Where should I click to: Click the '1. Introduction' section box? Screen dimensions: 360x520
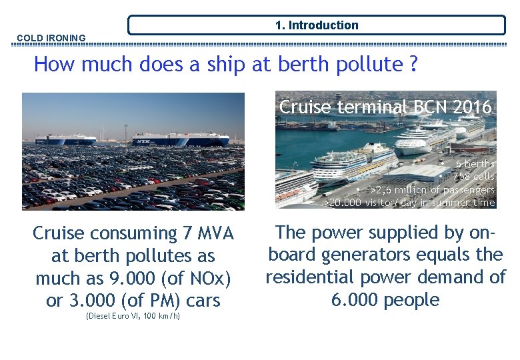(317, 25)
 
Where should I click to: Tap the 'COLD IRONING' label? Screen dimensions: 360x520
(51, 38)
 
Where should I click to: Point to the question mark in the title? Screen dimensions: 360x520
(414, 65)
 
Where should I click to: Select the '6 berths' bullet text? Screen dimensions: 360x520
(475, 164)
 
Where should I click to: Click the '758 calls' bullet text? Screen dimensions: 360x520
(473, 177)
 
